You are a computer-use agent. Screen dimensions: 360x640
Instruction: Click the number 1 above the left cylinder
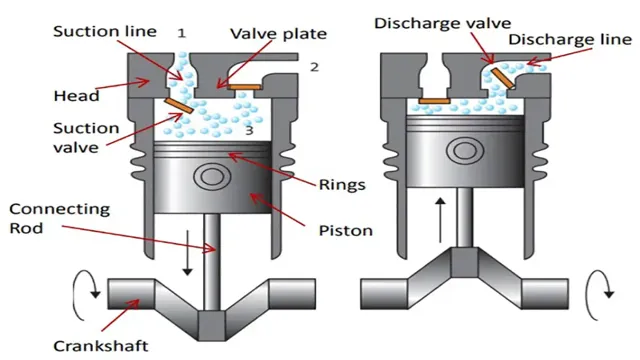point(182,33)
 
